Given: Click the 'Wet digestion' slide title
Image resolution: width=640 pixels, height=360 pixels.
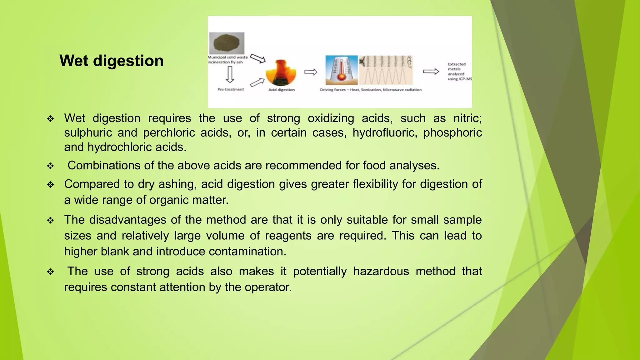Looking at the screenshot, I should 111,61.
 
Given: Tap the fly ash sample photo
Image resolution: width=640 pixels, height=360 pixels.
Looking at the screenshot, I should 227,43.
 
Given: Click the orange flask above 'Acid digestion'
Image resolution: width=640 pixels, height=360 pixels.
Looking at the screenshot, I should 281,72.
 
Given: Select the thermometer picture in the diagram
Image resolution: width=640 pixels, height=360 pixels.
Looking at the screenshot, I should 341,70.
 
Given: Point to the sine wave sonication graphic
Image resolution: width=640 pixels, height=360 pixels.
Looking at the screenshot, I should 386,70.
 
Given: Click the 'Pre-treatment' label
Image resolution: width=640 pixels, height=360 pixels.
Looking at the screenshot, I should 231,89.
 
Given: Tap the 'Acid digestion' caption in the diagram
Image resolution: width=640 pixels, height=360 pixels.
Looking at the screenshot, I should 281,90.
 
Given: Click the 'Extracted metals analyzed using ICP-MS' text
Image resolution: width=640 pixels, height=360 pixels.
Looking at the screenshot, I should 459,72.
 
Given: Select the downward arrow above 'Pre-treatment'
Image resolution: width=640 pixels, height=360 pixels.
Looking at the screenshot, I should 230,74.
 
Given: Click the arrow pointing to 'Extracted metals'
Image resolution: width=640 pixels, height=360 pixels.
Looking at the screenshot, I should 431,72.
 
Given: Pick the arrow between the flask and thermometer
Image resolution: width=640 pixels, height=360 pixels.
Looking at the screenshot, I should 311,72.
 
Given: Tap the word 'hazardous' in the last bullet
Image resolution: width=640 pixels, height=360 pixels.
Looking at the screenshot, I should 381,271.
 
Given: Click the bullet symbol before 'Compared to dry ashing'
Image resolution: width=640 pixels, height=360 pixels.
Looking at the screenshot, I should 51,185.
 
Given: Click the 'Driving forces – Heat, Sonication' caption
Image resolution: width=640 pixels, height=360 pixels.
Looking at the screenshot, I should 371,90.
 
